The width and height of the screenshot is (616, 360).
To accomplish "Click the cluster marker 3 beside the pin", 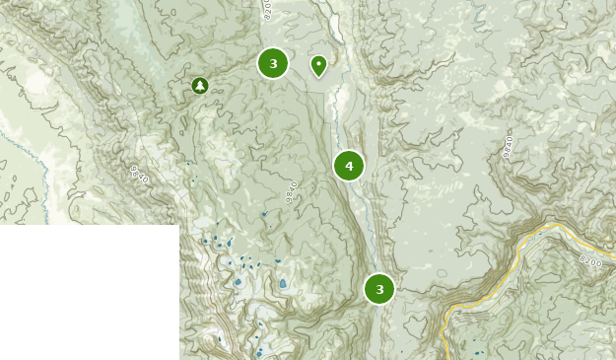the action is pos(273,63).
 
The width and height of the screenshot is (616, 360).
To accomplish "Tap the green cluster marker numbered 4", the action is pos(349,166).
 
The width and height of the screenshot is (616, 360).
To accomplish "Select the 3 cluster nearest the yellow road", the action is pos(379,289).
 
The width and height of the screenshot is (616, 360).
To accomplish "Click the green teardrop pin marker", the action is pos(318,65).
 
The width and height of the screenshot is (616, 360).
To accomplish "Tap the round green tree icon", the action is pos(200,86).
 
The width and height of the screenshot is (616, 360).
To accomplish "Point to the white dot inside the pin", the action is pos(318,63).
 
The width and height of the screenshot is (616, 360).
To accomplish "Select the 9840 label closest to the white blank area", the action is pos(139,175).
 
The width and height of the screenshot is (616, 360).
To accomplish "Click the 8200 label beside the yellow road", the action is pos(589,261).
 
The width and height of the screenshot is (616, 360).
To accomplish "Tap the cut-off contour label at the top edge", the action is pos(266,9).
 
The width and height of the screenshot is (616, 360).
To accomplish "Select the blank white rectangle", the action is pos(89,292).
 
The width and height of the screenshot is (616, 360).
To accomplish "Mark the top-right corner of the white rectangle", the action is pos(178,226).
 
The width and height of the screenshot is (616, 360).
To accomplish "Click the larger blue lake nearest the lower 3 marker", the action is pos(283,283).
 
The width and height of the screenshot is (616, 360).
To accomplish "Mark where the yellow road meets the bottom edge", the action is pos(446,357).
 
